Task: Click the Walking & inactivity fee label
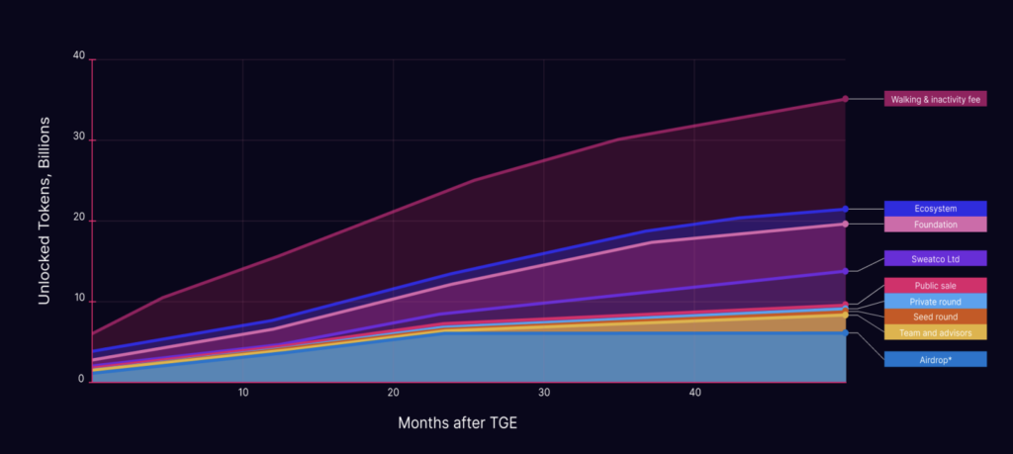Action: [935, 99]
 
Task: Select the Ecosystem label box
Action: [935, 209]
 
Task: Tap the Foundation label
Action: [935, 225]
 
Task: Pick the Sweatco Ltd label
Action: [935, 258]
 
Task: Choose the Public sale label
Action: [935, 286]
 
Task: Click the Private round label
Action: [935, 301]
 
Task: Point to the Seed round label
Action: [935, 317]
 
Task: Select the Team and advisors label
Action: [935, 332]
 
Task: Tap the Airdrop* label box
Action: [935, 359]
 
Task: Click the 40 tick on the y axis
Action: [79, 56]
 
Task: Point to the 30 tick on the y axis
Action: [79, 139]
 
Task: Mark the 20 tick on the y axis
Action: [79, 221]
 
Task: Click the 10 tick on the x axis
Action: [243, 393]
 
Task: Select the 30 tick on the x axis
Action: [544, 393]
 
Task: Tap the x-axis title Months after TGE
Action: [457, 423]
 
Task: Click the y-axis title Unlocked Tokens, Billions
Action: [45, 220]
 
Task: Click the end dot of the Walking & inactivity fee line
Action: [845, 99]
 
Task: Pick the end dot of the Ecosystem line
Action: [845, 209]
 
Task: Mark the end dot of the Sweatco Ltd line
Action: [845, 271]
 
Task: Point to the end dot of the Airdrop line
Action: [845, 332]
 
